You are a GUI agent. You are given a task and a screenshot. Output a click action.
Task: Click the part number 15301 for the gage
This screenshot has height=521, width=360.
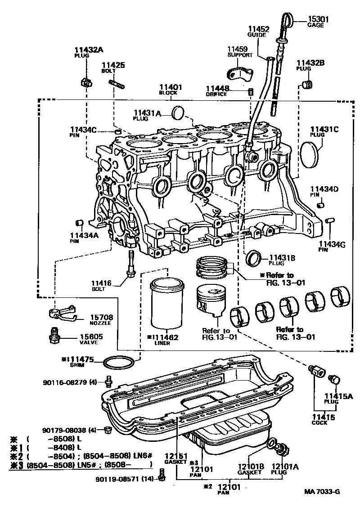click(318, 19)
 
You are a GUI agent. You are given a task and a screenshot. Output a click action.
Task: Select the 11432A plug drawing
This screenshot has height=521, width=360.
click(85, 82)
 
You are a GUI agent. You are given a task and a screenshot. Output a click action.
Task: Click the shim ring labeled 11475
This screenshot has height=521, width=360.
click(118, 362)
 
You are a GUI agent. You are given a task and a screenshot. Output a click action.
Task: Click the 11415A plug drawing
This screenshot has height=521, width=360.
click(334, 379)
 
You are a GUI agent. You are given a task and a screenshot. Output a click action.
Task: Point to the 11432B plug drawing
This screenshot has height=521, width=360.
click(307, 85)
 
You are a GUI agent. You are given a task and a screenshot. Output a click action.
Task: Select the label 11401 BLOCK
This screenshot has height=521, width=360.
click(170, 89)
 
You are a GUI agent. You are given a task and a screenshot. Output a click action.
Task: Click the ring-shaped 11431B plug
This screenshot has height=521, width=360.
click(255, 258)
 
